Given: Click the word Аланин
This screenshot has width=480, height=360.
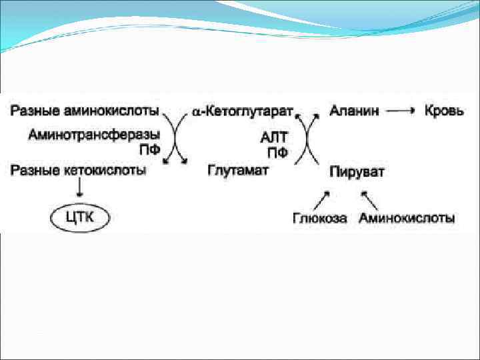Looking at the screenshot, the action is pyautogui.click(x=354, y=111).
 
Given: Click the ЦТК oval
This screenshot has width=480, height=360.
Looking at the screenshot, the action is pyautogui.click(x=80, y=216).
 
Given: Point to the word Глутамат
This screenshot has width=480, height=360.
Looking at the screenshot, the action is pyautogui.click(x=238, y=170).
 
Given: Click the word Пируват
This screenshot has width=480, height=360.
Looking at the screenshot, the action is pyautogui.click(x=357, y=172).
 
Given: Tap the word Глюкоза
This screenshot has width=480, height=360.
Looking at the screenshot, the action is pyautogui.click(x=319, y=218).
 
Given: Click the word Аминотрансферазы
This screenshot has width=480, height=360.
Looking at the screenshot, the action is pyautogui.click(x=94, y=135).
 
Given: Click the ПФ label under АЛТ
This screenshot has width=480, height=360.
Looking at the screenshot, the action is pyautogui.click(x=277, y=153).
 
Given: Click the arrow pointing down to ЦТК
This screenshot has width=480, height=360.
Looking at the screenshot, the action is pyautogui.click(x=81, y=190).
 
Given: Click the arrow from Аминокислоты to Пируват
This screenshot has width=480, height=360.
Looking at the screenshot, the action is pyautogui.click(x=369, y=198).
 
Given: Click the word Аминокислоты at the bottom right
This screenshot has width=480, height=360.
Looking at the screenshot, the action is pyautogui.click(x=407, y=218).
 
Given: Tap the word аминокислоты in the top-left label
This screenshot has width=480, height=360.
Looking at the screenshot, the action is pyautogui.click(x=115, y=109).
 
